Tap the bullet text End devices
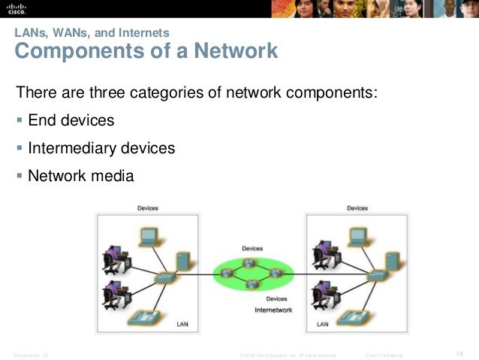(x=71, y=120)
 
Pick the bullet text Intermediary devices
(x=101, y=148)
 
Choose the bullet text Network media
(x=80, y=176)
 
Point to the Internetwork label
(x=273, y=309)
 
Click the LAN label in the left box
(x=182, y=325)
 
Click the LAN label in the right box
(x=322, y=325)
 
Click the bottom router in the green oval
(x=252, y=284)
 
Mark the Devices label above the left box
(x=147, y=208)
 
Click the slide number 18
(x=459, y=353)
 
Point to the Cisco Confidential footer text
(x=384, y=354)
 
